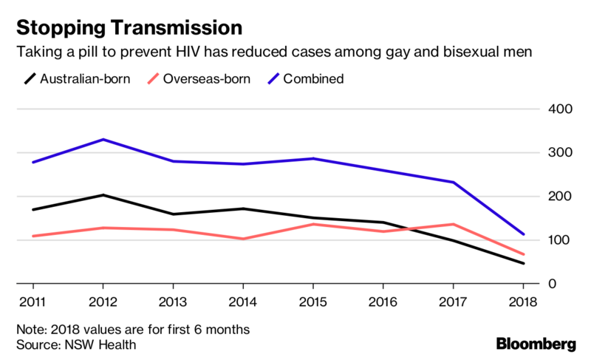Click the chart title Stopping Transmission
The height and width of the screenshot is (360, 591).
click(129, 28)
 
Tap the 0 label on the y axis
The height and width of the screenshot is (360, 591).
click(565, 284)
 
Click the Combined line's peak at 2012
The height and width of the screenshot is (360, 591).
click(103, 140)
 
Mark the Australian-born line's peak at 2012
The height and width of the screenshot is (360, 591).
click(103, 195)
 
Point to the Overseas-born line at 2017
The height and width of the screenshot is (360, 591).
click(453, 224)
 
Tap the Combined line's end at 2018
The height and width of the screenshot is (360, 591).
click(523, 234)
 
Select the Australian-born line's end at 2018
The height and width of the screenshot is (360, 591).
click(523, 263)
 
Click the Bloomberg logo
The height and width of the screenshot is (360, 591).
click(536, 343)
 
